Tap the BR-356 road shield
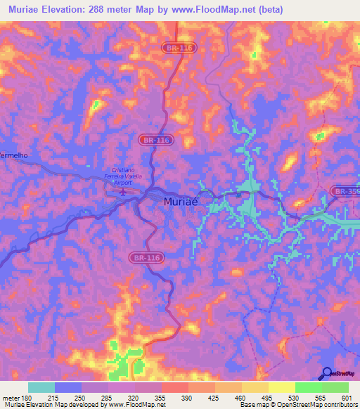click(345, 190)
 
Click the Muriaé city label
click(181, 202)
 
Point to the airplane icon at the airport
click(123, 190)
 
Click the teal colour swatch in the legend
click(41, 387)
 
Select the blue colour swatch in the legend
click(68, 387)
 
